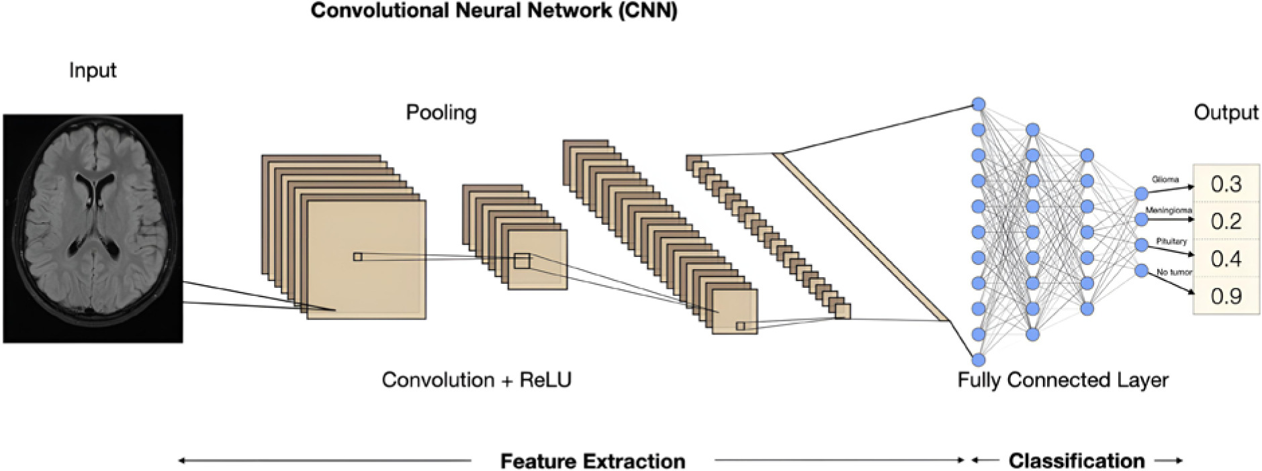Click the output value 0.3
[1226, 184]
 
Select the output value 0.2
[1226, 221]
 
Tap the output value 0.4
[1226, 258]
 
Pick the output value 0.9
[1226, 296]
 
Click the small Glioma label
[1165, 180]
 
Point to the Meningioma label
[1169, 211]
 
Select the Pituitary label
[1171, 241]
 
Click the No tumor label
[1174, 272]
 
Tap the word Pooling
[441, 113]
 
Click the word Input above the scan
[93, 70]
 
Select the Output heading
[1226, 112]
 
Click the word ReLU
[545, 380]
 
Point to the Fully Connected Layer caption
[1063, 380]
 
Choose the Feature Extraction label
[592, 461]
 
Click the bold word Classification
[1077, 461]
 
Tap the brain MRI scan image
[93, 228]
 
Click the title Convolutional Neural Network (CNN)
[494, 11]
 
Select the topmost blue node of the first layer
[979, 104]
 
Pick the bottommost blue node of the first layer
[979, 360]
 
